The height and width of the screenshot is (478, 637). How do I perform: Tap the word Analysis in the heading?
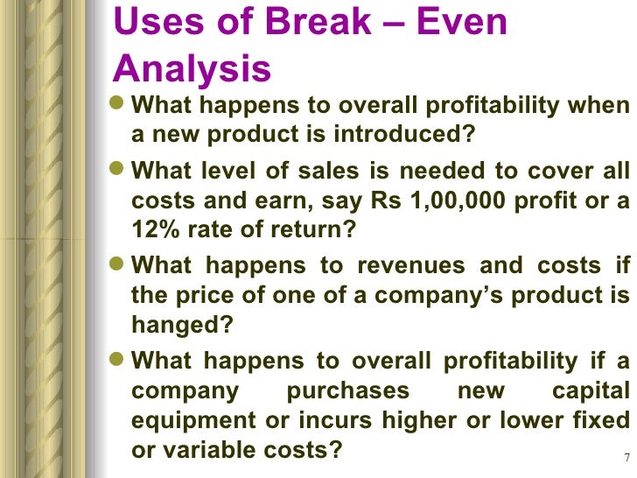pos(192,67)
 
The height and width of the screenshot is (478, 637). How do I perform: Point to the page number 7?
pos(627,458)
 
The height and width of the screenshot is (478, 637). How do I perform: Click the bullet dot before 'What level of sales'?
pos(121,169)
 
